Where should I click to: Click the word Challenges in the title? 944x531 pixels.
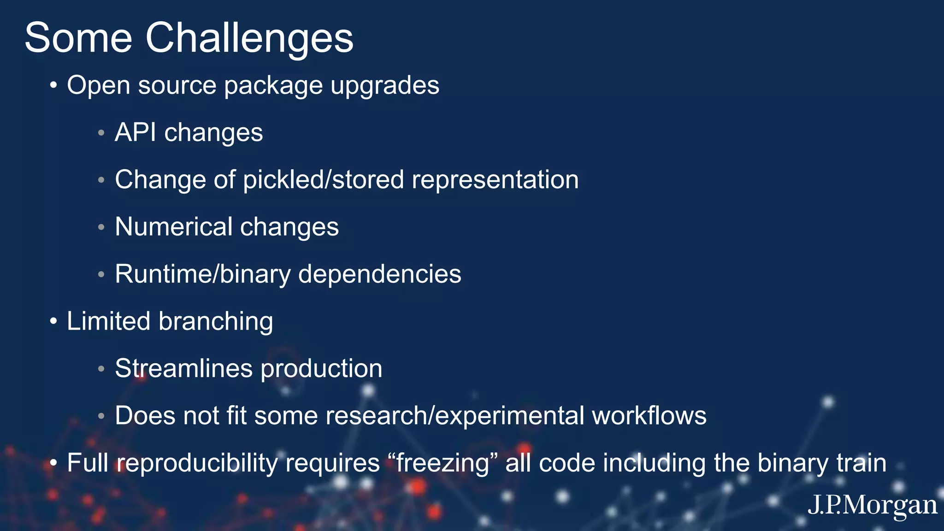click(x=249, y=38)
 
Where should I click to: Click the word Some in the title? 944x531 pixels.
click(x=78, y=38)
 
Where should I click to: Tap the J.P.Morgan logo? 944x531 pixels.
click(x=872, y=506)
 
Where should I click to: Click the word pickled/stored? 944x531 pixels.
click(x=323, y=180)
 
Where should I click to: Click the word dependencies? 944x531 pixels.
click(x=379, y=275)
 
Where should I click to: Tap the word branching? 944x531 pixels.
click(x=216, y=322)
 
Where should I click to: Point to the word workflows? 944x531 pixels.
click(x=649, y=416)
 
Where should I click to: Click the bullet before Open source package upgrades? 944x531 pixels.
click(x=53, y=86)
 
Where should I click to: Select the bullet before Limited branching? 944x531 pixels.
click(x=53, y=322)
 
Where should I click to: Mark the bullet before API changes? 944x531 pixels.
click(x=101, y=133)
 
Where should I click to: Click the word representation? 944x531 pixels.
click(x=495, y=180)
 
